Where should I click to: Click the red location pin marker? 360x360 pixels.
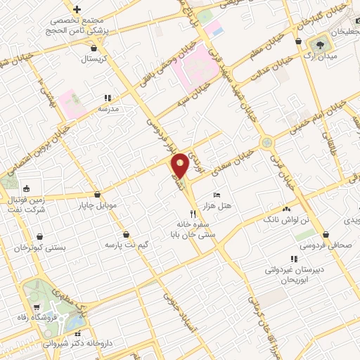[x=180, y=165]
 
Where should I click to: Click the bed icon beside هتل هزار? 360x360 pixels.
[x=217, y=193]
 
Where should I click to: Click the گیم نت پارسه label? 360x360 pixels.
[x=126, y=245]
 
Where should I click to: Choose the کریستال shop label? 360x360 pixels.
[x=94, y=59]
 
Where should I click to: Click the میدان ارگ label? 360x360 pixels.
[x=326, y=55]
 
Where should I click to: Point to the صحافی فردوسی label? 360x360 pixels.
[x=323, y=245]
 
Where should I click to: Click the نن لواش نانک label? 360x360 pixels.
[x=286, y=220]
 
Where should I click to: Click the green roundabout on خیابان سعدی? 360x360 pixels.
[x=266, y=143]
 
